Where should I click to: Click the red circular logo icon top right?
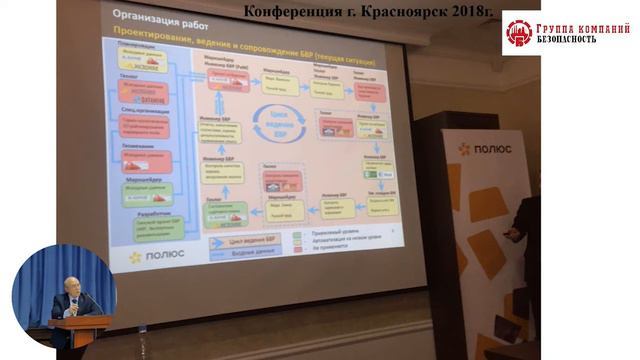tap(520, 34)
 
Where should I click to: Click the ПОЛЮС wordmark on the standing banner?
tap(491, 149)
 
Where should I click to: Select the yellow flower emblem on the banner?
tap(464, 149)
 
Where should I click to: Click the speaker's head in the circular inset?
tap(72, 283)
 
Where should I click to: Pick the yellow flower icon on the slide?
tap(135, 257)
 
